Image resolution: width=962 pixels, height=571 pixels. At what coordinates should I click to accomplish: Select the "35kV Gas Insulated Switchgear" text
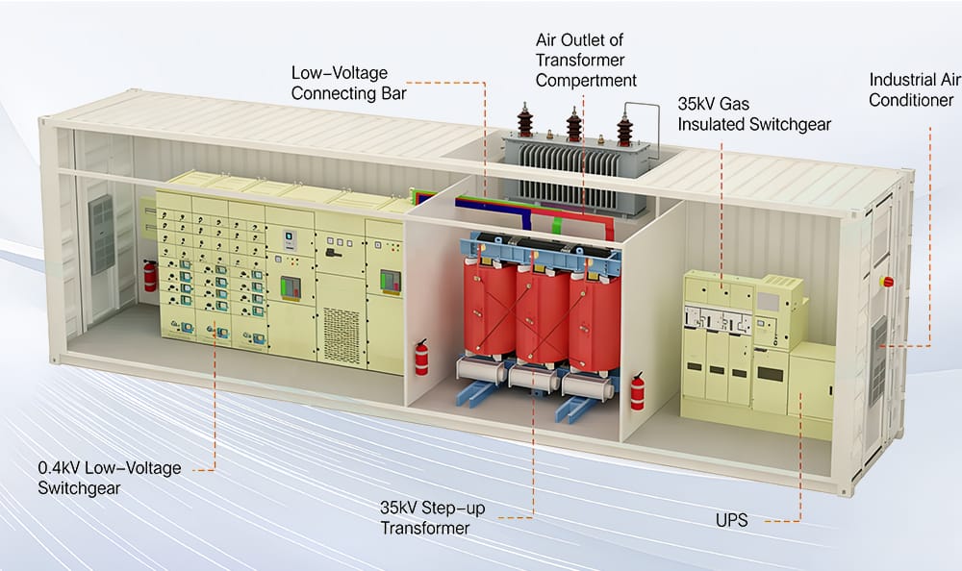(x=753, y=112)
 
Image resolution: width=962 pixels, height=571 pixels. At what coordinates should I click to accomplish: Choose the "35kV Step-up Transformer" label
(x=432, y=517)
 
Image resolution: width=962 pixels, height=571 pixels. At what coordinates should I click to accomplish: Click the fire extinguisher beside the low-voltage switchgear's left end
(x=149, y=277)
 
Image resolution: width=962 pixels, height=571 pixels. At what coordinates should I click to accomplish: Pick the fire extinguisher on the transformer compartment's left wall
(x=421, y=358)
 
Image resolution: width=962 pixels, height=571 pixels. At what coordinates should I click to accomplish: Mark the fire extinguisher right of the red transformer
(x=636, y=392)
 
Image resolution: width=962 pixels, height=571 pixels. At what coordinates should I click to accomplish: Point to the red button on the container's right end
(x=887, y=282)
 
